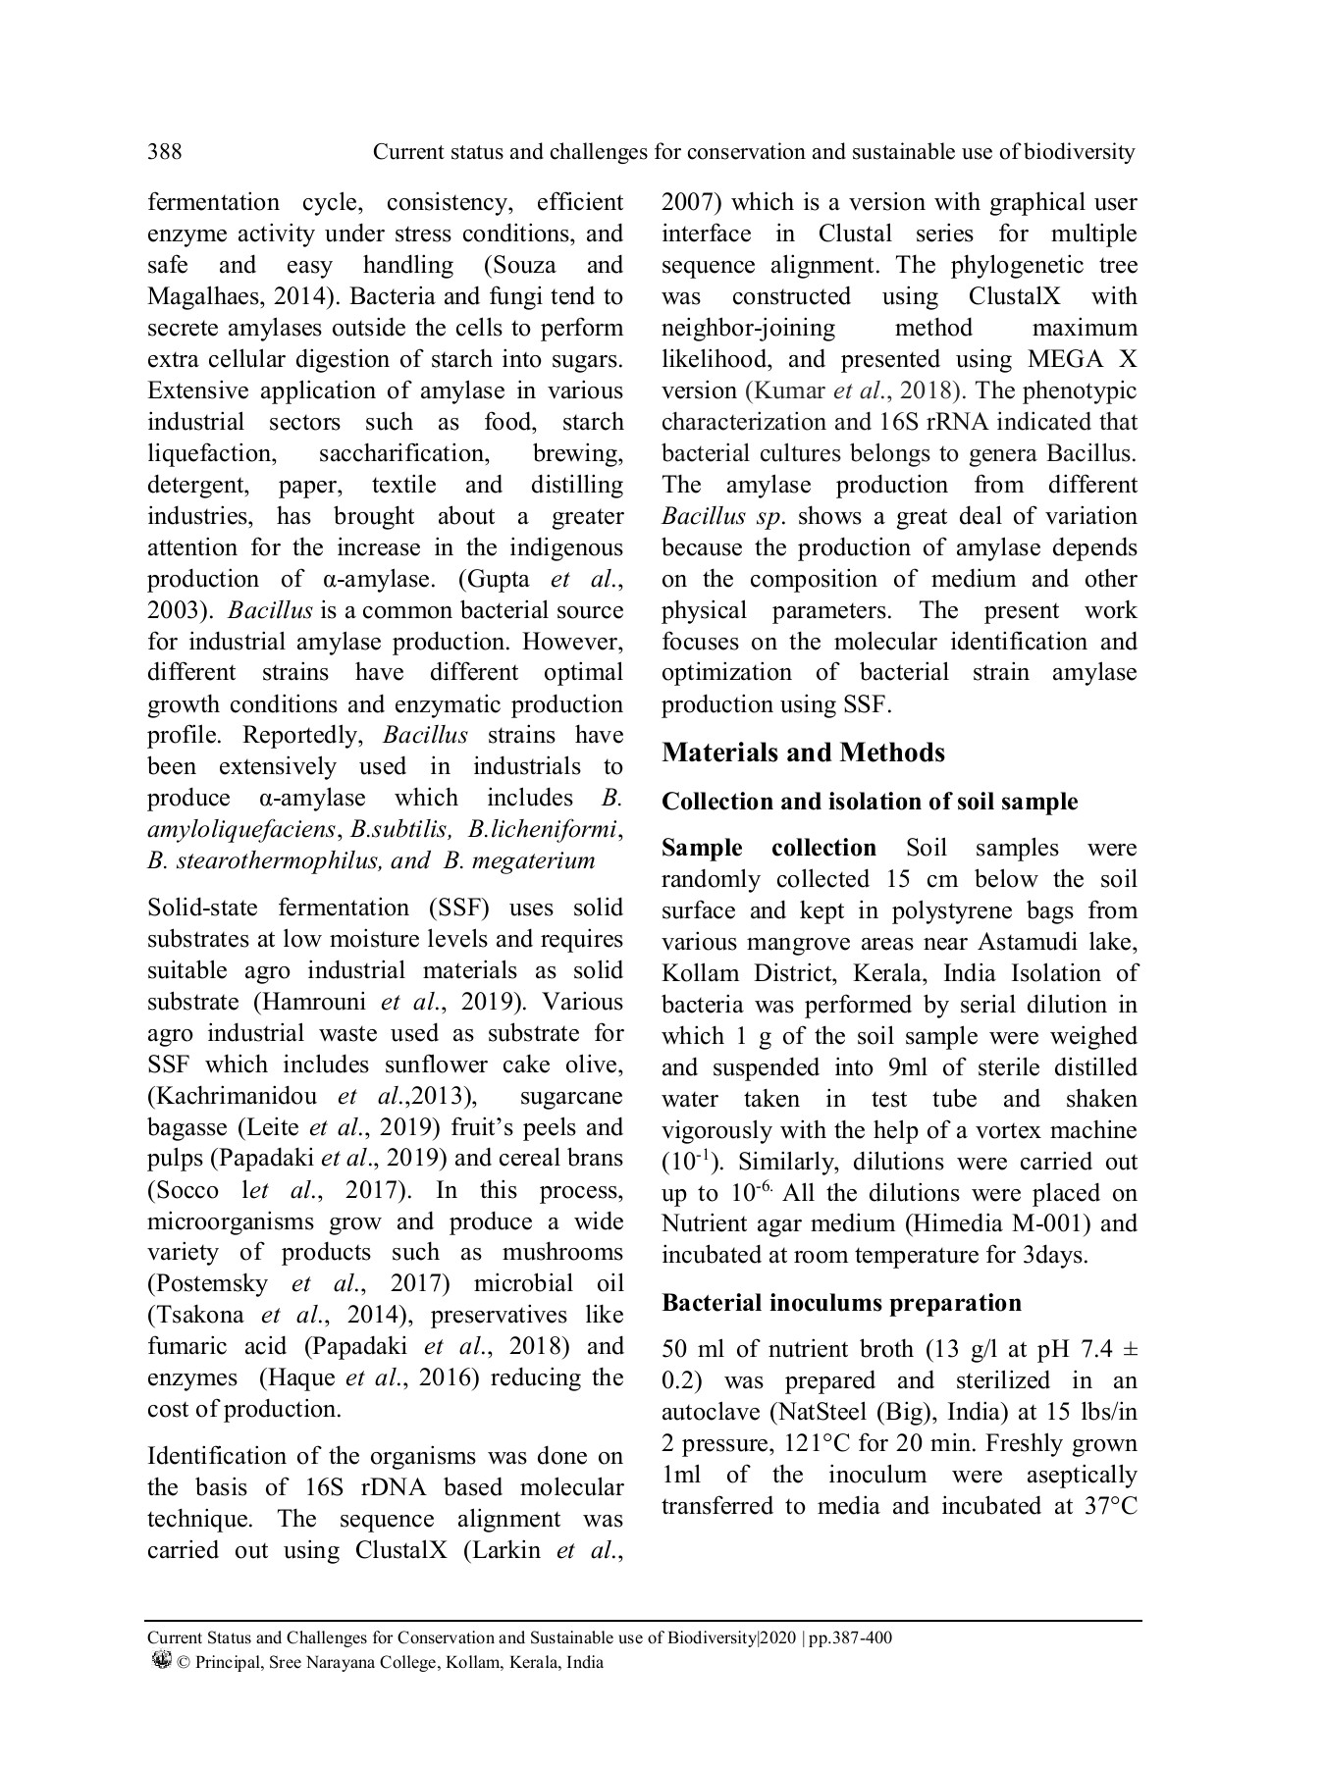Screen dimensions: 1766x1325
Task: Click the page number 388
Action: [x=164, y=152]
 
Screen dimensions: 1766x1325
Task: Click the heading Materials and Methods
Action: [x=803, y=753]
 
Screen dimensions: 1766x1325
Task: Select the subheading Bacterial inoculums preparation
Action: [x=841, y=1303]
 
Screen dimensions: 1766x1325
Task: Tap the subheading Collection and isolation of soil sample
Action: [x=870, y=802]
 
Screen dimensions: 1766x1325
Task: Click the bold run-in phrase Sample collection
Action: [x=768, y=848]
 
